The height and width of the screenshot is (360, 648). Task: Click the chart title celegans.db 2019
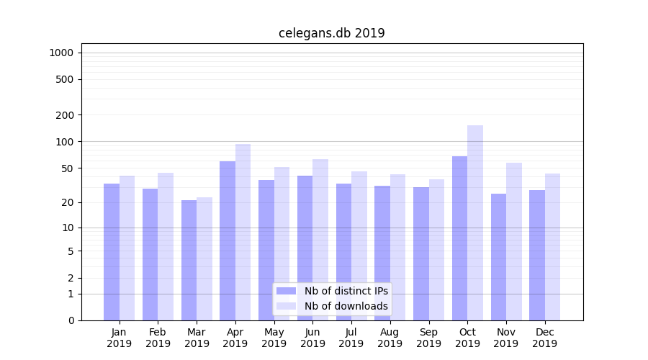pos(331,33)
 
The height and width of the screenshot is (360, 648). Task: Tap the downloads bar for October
pos(475,222)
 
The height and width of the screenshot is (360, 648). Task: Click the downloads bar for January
pos(127,248)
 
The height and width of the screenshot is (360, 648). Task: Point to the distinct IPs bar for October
pos(459,238)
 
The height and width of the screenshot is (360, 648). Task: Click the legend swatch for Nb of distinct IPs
pos(286,291)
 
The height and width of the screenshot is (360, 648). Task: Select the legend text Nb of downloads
pos(346,306)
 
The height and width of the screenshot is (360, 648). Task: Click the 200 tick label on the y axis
pos(65,115)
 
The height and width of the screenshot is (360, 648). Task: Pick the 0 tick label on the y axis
pos(71,320)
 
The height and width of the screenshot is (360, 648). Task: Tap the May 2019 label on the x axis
pos(274,338)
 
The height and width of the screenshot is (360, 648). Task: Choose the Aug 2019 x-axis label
pos(390,338)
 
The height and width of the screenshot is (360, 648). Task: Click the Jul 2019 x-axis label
pos(351,338)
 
